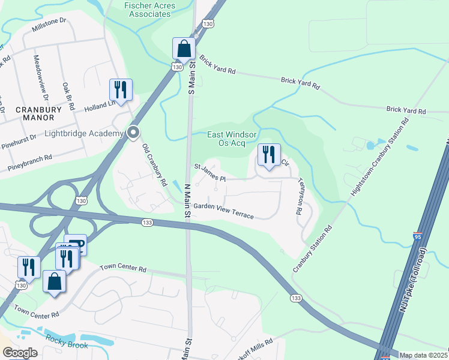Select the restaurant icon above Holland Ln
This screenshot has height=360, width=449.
(121, 90)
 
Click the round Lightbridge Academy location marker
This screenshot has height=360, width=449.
(134, 132)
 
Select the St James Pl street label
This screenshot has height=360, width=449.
(209, 172)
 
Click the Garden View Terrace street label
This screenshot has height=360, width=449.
(223, 211)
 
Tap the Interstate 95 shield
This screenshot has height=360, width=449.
(418, 238)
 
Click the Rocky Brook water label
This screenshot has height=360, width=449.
(67, 345)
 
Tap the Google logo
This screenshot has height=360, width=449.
(20, 353)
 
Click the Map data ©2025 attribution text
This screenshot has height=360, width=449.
(423, 355)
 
